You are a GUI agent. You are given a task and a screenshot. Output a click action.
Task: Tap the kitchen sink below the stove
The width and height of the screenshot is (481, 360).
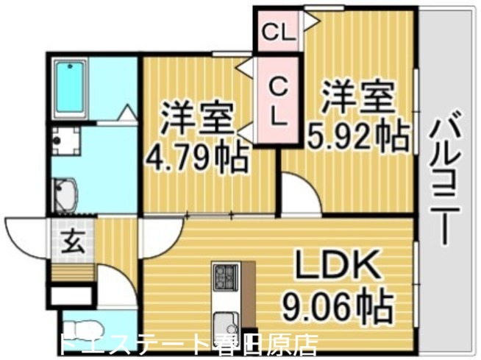pyautogui.click(x=224, y=321)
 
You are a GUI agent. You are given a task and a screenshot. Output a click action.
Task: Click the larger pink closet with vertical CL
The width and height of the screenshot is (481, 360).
pyautogui.click(x=277, y=101)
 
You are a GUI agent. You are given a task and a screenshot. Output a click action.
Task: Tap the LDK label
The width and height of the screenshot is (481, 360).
pyautogui.click(x=338, y=267)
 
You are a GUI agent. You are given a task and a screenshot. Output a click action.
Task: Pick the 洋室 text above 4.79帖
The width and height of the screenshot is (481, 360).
pyautogui.click(x=197, y=119)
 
